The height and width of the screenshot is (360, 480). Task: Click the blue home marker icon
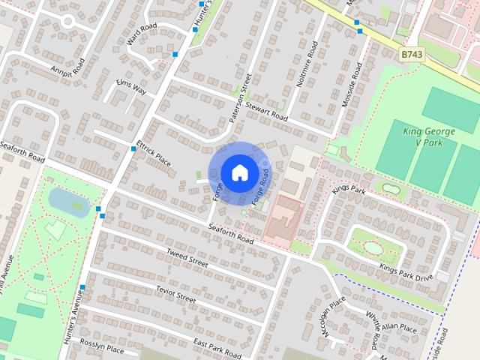click(238, 172)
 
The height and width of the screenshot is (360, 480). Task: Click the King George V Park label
click(429, 136)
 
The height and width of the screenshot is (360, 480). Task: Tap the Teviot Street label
click(175, 293)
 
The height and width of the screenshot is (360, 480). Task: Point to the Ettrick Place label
click(154, 153)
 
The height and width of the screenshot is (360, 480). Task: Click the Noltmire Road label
click(307, 64)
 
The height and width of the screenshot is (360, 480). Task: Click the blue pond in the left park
click(66, 199)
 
